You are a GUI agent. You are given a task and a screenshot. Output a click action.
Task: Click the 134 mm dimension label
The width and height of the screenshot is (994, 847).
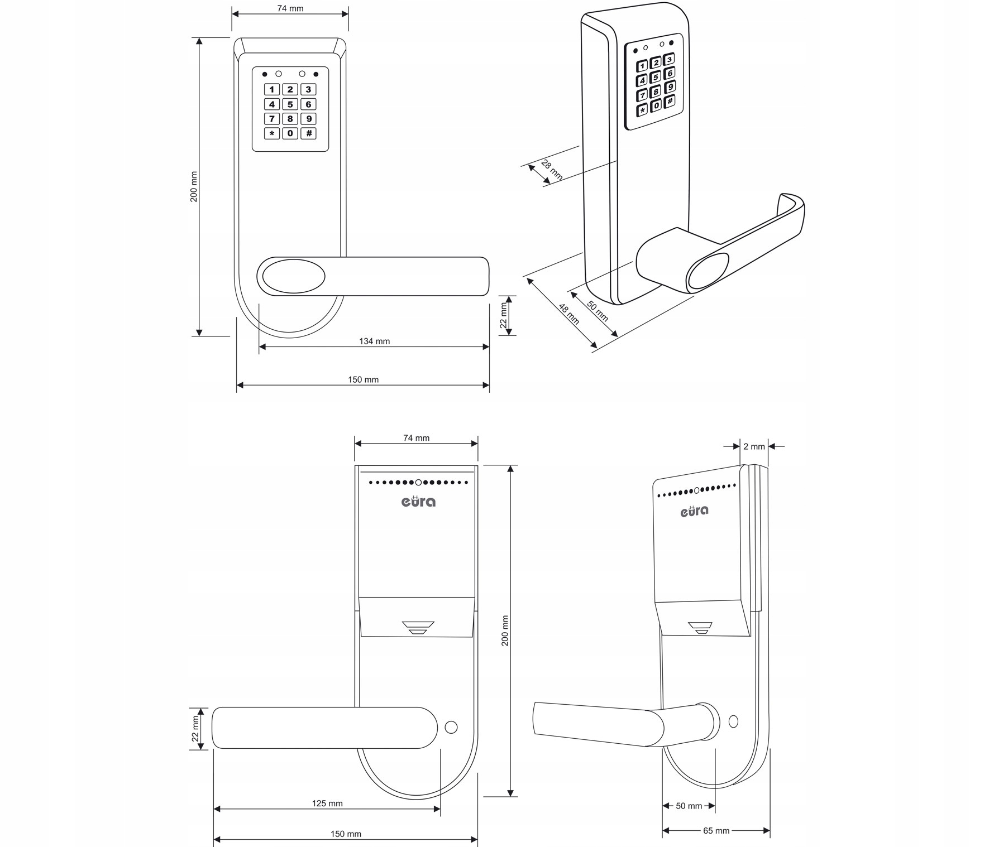pos(374,341)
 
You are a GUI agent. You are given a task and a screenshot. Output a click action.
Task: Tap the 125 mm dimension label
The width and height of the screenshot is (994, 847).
pos(327,803)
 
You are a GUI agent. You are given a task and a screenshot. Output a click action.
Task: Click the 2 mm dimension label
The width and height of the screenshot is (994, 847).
pos(754,446)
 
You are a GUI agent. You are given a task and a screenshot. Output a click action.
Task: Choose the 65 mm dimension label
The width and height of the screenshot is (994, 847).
pos(716,831)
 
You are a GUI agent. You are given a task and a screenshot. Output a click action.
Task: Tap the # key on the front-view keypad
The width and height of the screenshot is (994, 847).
pos(308,133)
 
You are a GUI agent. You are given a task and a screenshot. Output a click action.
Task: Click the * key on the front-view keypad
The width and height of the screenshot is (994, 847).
pos(272,133)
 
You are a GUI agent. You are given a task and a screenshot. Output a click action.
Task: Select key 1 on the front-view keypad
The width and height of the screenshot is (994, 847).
pos(272,89)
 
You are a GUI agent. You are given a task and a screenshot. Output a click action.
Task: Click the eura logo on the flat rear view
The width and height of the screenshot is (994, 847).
pos(418,501)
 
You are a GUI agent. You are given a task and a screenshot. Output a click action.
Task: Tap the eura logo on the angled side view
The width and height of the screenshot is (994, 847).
pos(694,511)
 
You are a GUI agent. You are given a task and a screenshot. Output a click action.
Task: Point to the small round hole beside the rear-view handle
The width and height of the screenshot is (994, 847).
pos(451,728)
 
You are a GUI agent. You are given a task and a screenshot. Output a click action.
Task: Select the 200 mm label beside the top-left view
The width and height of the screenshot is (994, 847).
pos(194,186)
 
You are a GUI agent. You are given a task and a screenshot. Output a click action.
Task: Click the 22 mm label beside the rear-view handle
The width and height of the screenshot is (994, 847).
pos(195,729)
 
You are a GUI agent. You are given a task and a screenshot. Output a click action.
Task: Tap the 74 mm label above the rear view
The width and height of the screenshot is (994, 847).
pos(416,438)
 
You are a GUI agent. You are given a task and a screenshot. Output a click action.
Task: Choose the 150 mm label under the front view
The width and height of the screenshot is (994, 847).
pos(363,380)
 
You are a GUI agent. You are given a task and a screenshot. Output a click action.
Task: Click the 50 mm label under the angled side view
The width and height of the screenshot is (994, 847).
pos(689,806)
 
